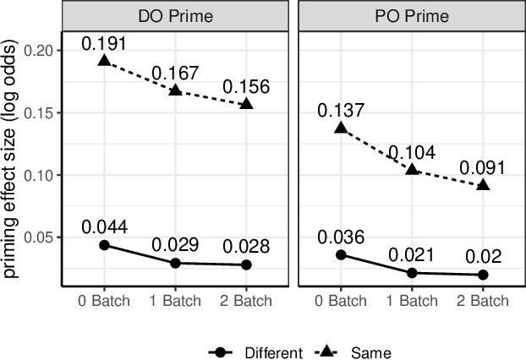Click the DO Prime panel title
[176, 17]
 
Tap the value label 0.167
[174, 72]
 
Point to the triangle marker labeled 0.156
[246, 103]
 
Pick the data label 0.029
[174, 245]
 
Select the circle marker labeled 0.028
[246, 265]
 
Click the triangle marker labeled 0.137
[341, 128]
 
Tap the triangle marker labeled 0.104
[412, 169]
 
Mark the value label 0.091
[483, 167]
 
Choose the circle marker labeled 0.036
[341, 254]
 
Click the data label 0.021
[412, 255]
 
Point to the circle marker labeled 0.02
[483, 275]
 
